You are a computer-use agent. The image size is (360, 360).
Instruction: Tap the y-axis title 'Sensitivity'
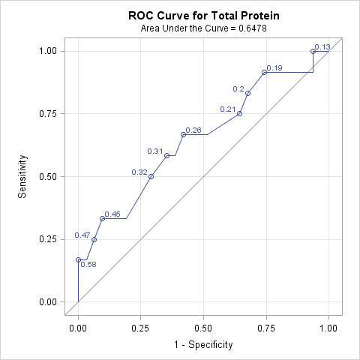[x=23, y=176]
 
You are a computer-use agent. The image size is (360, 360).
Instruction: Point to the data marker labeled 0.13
[x=313, y=51]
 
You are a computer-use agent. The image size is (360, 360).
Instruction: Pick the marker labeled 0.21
[x=239, y=113]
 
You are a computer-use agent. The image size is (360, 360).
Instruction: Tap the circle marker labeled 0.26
[x=183, y=134]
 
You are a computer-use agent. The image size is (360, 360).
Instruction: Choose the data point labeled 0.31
[x=167, y=156]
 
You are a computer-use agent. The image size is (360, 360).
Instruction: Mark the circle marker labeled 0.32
[x=151, y=176]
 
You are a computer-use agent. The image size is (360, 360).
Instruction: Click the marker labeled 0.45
[x=102, y=218]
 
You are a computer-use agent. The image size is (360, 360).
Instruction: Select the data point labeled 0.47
[x=94, y=239]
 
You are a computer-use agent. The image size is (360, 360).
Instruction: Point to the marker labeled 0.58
[x=78, y=259]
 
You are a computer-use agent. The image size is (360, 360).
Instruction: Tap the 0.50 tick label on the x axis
[x=203, y=328]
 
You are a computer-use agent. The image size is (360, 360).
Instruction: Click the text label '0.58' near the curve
[x=88, y=265]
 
